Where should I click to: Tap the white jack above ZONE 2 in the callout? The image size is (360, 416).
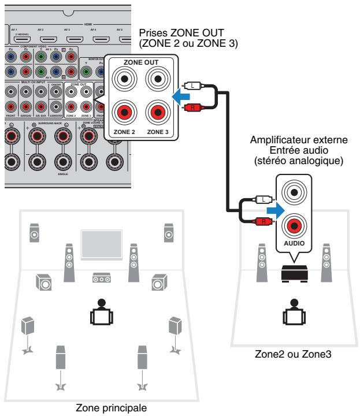point(124,79)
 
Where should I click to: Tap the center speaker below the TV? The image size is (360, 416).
point(101,278)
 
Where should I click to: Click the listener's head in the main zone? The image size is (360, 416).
point(101,303)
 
